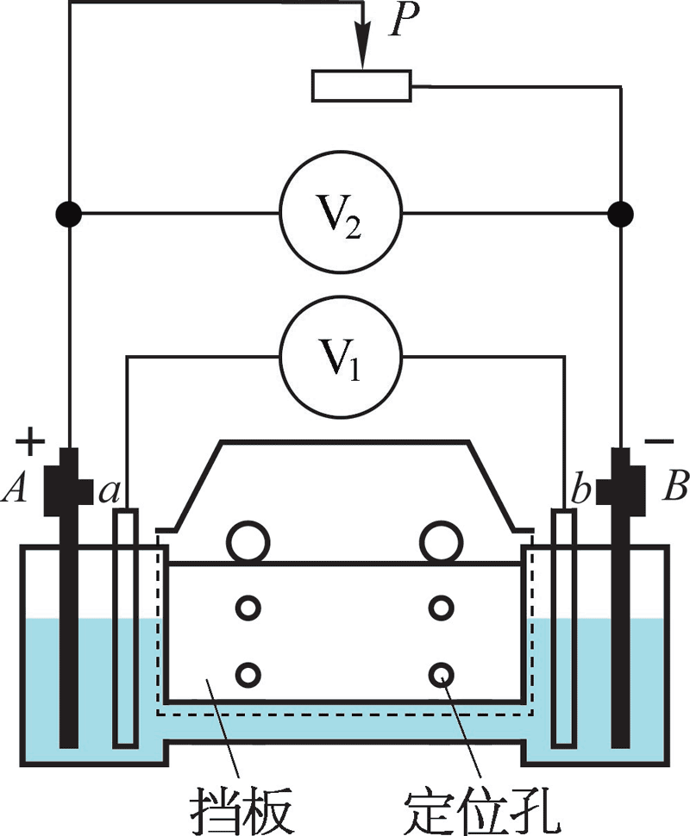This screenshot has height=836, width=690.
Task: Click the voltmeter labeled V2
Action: pyautogui.click(x=340, y=212)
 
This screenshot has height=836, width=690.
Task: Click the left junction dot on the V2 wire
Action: pyautogui.click(x=68, y=212)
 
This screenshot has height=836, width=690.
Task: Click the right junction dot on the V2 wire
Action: pyautogui.click(x=620, y=212)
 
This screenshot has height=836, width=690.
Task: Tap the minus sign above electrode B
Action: pyautogui.click(x=659, y=442)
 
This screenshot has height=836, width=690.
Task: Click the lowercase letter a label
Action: pyautogui.click(x=109, y=492)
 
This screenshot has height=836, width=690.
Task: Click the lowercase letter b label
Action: pyautogui.click(x=579, y=492)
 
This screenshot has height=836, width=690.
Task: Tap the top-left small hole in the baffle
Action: pyautogui.click(x=248, y=608)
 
